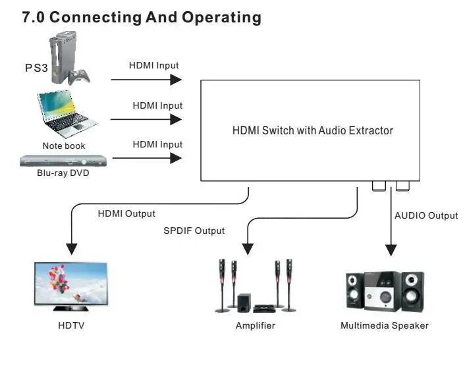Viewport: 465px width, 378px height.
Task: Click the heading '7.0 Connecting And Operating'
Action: (x=142, y=18)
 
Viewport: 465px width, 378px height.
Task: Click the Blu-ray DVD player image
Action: (x=63, y=163)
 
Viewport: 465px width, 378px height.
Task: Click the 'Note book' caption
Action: (x=64, y=146)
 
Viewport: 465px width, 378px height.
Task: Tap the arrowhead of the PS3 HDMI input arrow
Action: (x=176, y=80)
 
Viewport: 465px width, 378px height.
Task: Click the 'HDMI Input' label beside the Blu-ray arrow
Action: (x=157, y=144)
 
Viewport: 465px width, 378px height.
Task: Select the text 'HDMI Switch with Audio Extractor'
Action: (x=312, y=130)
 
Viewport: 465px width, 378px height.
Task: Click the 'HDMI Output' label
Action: (x=126, y=213)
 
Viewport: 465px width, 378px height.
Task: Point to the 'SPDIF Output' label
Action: (x=194, y=230)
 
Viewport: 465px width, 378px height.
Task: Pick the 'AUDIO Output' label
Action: (x=425, y=215)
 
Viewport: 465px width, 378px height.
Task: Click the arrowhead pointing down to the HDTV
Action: (x=71, y=250)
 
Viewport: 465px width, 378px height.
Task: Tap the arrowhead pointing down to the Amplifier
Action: (x=248, y=250)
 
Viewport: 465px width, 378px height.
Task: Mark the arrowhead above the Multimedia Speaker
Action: (x=391, y=250)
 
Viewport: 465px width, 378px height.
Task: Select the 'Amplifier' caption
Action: (x=255, y=325)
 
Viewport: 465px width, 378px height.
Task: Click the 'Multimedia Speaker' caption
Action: (x=385, y=325)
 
